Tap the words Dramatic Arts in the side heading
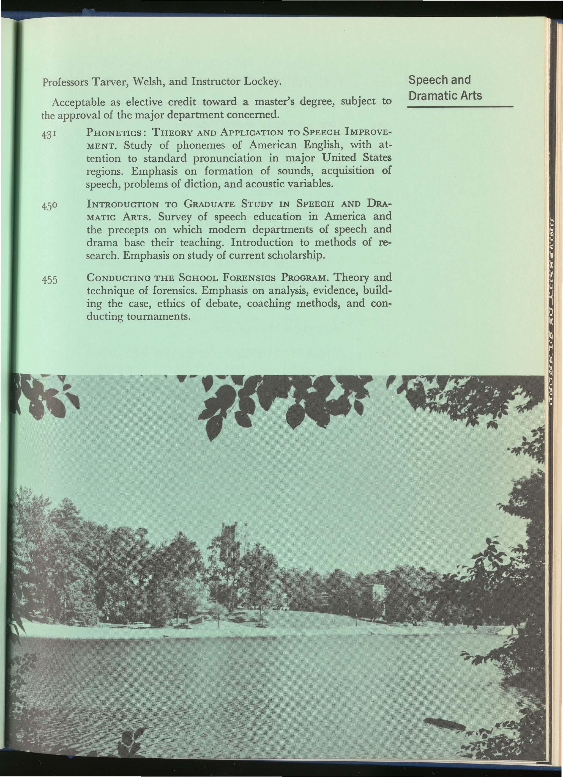[x=446, y=95]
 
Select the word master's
[x=273, y=102]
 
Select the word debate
[x=223, y=304]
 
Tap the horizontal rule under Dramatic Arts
[x=460, y=107]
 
